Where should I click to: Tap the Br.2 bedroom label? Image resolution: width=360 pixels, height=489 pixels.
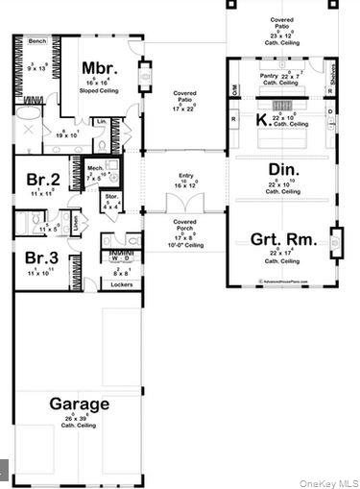click(x=43, y=180)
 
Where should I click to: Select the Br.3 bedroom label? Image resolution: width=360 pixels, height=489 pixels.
click(x=43, y=258)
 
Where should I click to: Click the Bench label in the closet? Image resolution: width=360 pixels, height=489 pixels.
click(x=37, y=42)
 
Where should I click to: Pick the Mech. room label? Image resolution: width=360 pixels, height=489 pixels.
click(x=95, y=166)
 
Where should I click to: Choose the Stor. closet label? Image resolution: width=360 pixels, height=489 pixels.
click(x=111, y=197)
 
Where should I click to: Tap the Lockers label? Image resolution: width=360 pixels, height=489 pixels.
click(x=122, y=284)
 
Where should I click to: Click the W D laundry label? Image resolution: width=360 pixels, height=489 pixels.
click(x=122, y=258)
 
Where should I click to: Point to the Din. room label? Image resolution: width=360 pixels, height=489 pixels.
click(x=282, y=170)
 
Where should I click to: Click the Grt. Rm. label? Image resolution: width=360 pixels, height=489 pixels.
click(x=278, y=239)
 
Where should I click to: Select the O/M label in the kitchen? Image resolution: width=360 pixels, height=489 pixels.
click(x=235, y=88)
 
